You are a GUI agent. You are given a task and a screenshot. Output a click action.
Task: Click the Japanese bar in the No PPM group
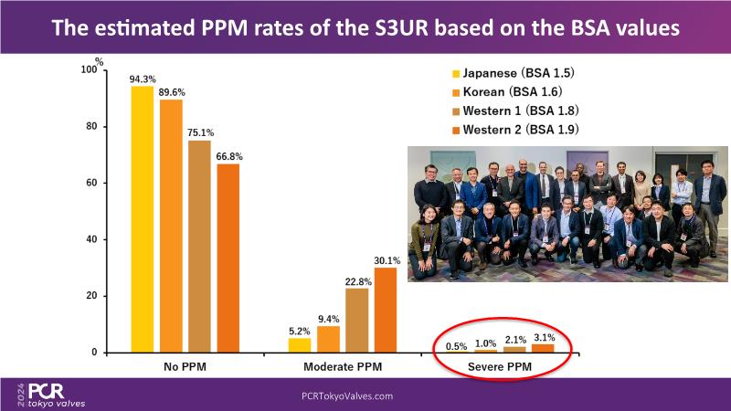[x=143, y=219]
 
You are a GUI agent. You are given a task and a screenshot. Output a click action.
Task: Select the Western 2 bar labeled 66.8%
[x=228, y=258]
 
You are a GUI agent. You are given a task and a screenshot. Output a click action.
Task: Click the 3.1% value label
[x=544, y=337]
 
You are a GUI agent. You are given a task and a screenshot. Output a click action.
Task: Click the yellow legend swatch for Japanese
[x=455, y=72]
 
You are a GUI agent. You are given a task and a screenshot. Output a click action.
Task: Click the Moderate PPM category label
[x=343, y=366]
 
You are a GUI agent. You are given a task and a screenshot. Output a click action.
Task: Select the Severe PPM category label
[x=501, y=366]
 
